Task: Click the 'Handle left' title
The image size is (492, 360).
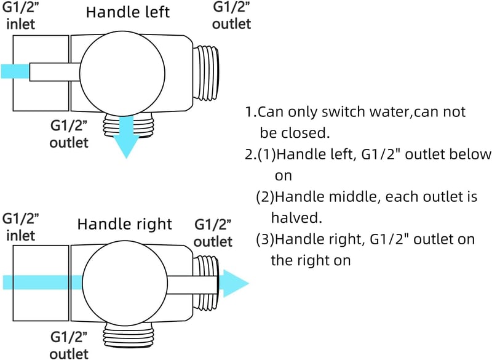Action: (x=128, y=12)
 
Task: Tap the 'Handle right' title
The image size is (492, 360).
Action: (x=125, y=224)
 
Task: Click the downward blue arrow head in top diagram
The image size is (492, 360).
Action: (x=127, y=146)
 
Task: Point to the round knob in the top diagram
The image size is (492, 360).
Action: (x=122, y=73)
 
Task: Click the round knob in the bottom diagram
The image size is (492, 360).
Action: (x=125, y=284)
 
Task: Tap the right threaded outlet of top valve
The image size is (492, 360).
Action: (x=206, y=73)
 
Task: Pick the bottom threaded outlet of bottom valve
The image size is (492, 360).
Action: (x=128, y=335)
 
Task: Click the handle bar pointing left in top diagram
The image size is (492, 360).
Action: (x=55, y=72)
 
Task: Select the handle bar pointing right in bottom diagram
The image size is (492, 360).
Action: (x=192, y=285)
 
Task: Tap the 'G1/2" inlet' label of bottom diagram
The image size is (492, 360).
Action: (x=20, y=227)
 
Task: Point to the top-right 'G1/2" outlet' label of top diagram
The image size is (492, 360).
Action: (x=232, y=16)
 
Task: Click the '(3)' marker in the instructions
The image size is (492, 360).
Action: (x=265, y=239)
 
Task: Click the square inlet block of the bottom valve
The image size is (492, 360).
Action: (x=41, y=283)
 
